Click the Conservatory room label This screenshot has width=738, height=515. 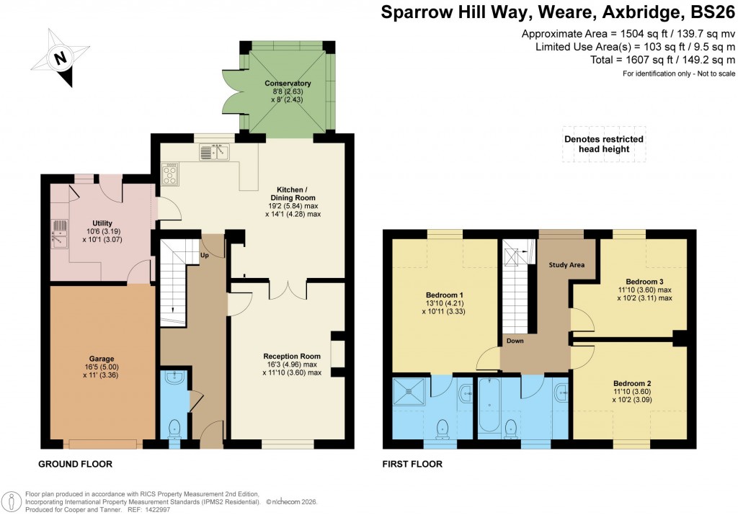[288, 84]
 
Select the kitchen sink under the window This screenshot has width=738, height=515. [214, 151]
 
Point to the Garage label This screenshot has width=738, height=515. [102, 358]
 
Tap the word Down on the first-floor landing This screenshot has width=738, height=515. [515, 341]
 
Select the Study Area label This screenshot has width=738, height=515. [566, 265]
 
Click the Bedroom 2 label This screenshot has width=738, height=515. [632, 382]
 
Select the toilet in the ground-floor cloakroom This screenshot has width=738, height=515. [174, 429]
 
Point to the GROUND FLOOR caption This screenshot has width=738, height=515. [75, 464]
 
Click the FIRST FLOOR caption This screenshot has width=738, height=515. [412, 464]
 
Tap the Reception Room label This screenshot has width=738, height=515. [291, 356]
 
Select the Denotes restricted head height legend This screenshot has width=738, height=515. [604, 144]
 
